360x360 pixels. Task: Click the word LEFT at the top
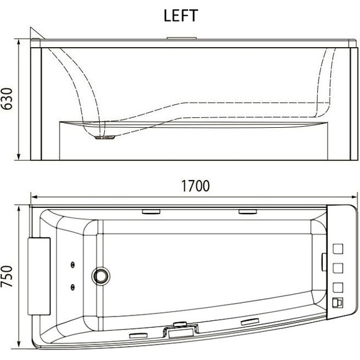coord(181,16)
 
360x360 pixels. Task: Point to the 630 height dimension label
coord(7,99)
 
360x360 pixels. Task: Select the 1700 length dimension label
coord(196,186)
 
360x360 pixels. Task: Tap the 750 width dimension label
coord(7,276)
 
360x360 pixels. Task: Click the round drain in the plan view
coord(101,276)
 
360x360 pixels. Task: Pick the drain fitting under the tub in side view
coord(105,137)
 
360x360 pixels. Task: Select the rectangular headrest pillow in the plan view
coord(39,276)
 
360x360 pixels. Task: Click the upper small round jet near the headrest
coord(73,265)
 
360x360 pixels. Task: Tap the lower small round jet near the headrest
coord(73,287)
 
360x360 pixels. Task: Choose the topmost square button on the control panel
coord(338,249)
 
